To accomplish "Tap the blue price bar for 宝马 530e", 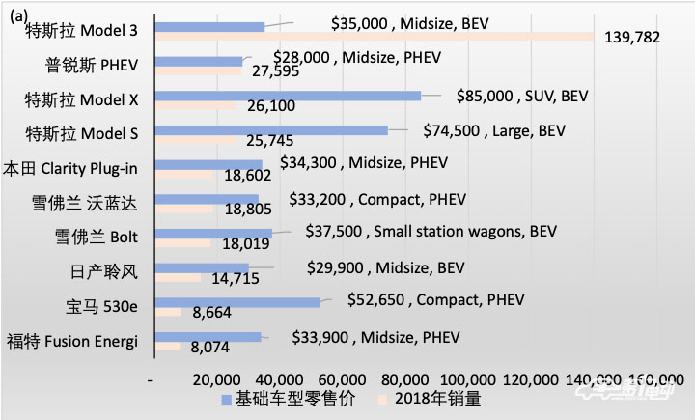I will [x=236, y=302].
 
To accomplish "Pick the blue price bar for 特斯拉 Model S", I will [x=270, y=129].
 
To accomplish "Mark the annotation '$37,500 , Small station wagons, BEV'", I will [x=431, y=232].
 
